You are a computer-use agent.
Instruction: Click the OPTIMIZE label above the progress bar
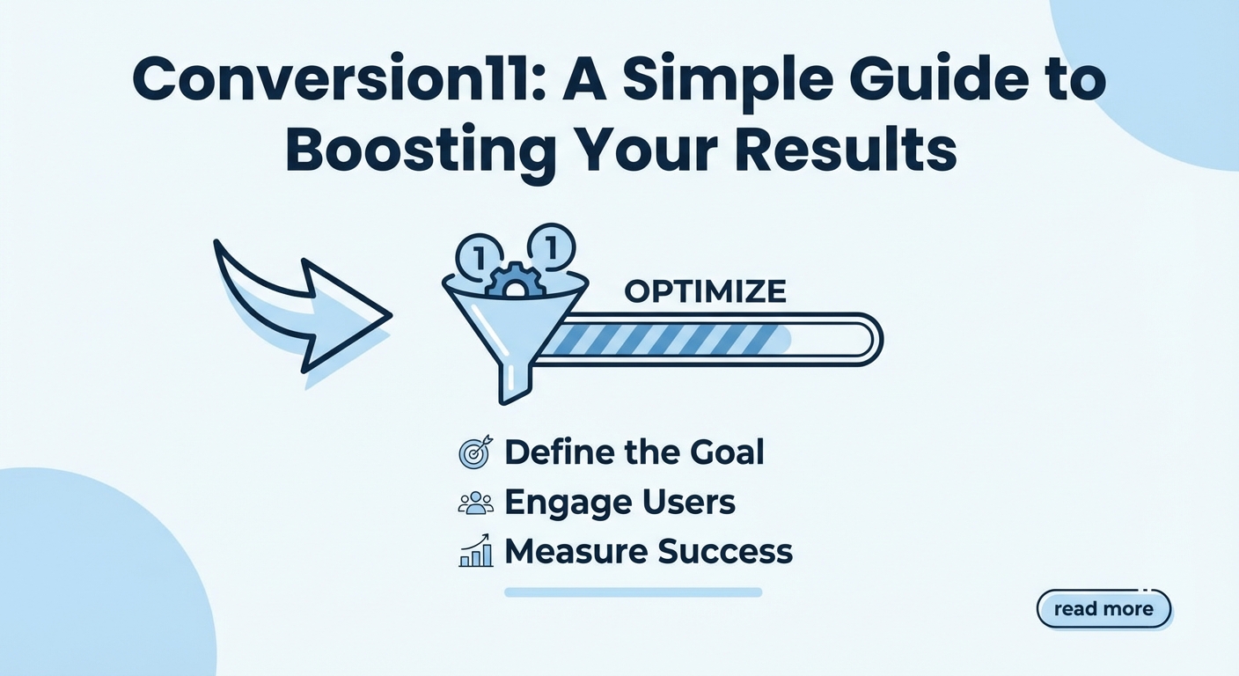coord(705,291)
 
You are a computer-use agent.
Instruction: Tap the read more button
coord(1103,609)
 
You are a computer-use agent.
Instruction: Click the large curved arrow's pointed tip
coord(392,316)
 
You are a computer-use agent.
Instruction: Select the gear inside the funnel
coord(515,280)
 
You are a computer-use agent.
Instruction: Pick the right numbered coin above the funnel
coord(551,248)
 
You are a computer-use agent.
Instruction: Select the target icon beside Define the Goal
coord(475,452)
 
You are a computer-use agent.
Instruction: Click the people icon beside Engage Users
coord(476,503)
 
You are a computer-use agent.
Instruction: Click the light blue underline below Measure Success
coord(634,592)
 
